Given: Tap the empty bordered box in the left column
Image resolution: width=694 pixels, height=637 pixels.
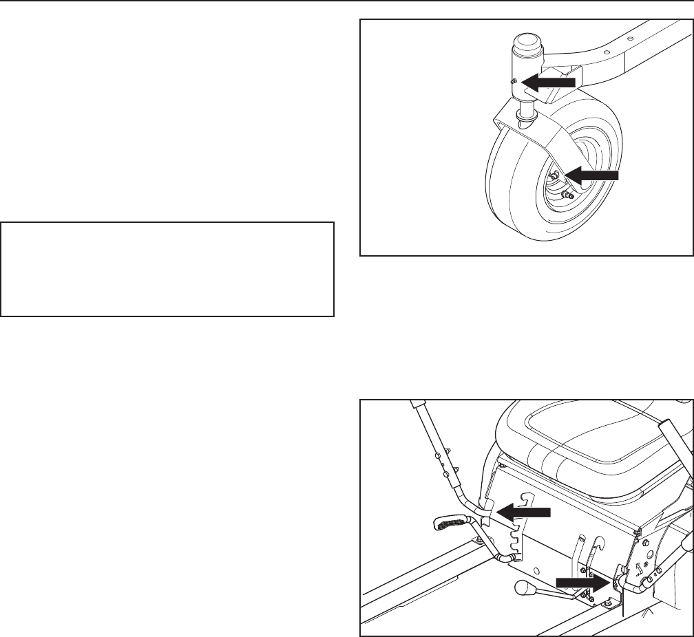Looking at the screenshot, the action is pos(167,268).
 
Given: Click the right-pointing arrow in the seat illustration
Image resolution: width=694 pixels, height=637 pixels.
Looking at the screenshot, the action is pos(582,582).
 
